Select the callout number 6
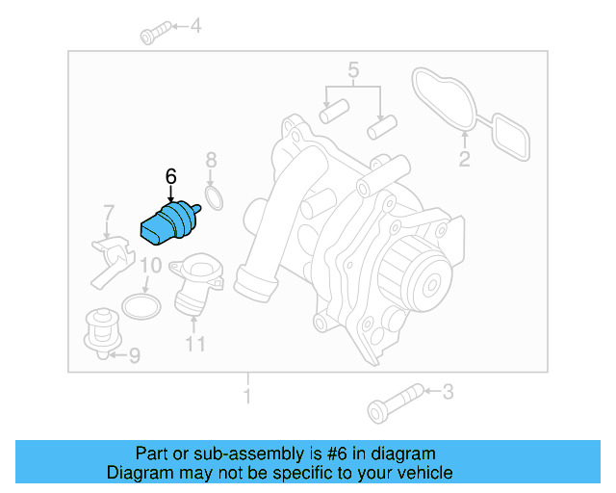tap(171, 176)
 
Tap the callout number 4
tap(195, 26)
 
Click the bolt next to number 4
tap(154, 36)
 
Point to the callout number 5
tap(353, 69)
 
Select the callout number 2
tap(464, 160)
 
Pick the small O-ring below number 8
tap(216, 199)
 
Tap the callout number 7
tap(109, 212)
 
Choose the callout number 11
tap(195, 343)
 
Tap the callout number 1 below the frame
tap(247, 396)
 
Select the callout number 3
tap(447, 391)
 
